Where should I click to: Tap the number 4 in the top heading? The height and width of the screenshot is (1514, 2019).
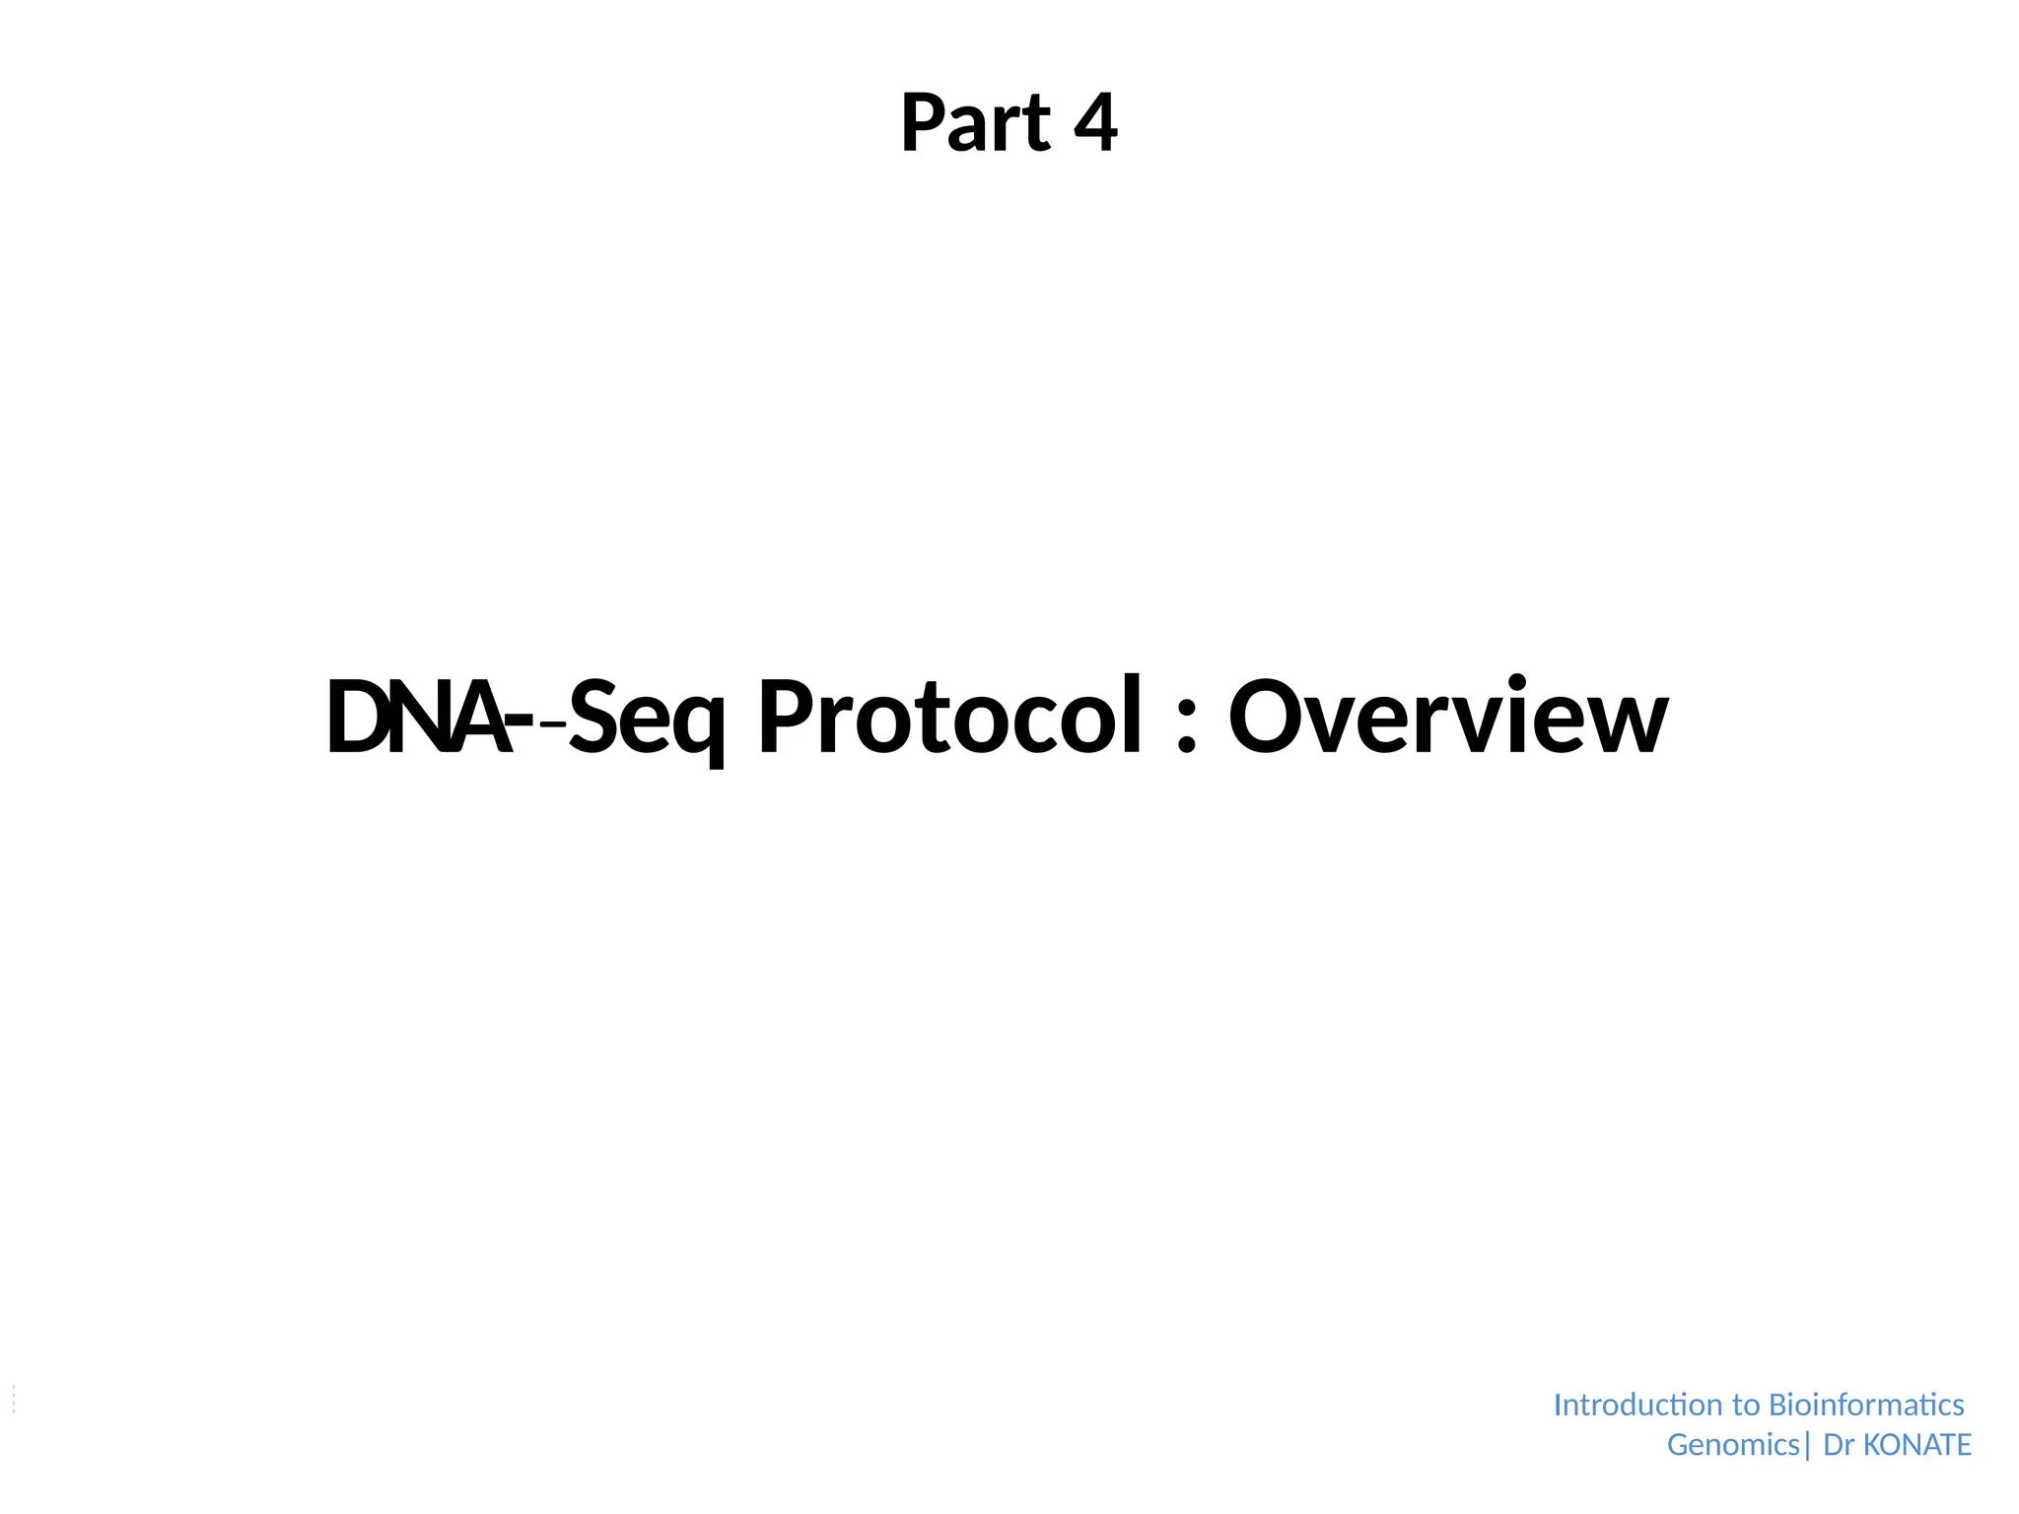click(1095, 124)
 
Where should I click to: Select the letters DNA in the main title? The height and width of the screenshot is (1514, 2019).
click(419, 719)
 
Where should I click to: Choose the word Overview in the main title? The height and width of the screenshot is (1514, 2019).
click(1447, 719)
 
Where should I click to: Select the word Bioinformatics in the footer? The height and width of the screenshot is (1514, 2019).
click(1866, 1405)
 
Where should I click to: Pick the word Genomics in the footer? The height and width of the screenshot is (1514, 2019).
click(1733, 1445)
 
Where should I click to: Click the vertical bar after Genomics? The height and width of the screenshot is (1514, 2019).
click(1807, 1446)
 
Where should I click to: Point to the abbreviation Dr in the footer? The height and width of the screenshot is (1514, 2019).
click(1839, 1445)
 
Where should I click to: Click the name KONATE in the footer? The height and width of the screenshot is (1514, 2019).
click(1917, 1445)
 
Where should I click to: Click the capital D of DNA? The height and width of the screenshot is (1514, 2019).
click(356, 719)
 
